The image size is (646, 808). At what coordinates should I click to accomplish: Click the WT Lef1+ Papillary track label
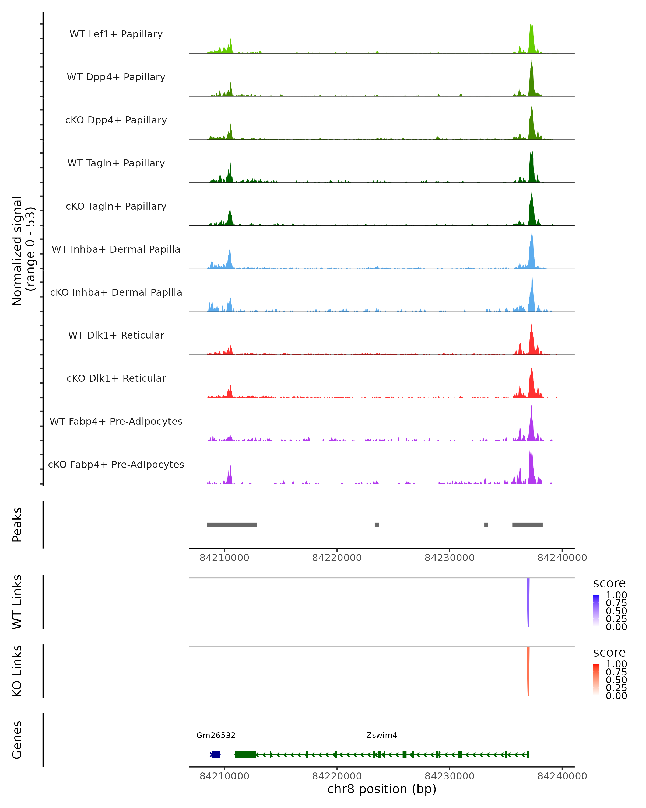pos(116,34)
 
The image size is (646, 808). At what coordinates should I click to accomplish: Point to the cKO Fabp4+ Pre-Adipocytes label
pos(116,464)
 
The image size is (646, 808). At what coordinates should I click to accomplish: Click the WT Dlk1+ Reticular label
pos(116,335)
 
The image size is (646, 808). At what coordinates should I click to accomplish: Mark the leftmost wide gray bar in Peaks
pos(232,525)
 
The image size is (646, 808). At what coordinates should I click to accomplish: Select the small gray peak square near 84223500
pos(377,525)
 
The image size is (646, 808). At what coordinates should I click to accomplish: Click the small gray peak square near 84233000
pos(486,525)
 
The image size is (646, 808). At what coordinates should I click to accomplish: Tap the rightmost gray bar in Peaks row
pos(527,525)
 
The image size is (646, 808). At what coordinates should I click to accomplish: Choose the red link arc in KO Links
pos(528,671)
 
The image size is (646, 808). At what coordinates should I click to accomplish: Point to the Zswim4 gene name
pos(382,735)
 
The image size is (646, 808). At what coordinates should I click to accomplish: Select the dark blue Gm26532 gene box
pos(216,755)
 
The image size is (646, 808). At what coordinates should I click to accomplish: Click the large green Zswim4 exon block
pos(245,755)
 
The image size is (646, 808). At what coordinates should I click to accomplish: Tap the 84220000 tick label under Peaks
pos(337,558)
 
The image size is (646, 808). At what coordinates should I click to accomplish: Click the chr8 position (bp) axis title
pos(382,789)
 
